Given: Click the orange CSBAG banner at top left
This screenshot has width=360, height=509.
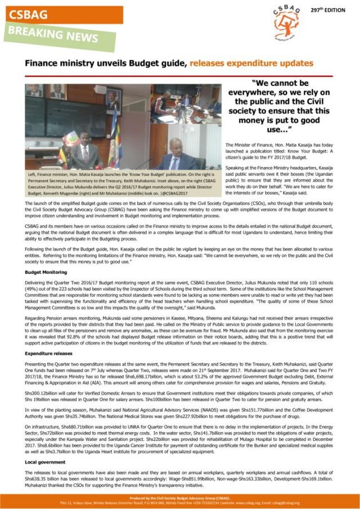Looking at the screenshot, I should point(62,14).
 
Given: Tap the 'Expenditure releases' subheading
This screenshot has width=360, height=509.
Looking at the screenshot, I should point(49,353).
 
